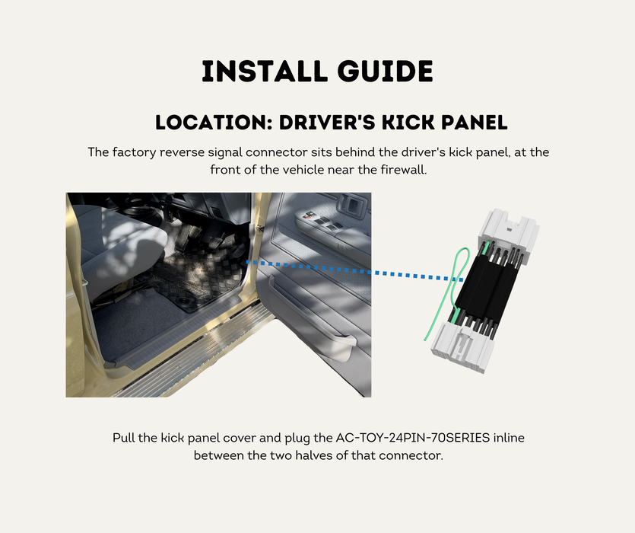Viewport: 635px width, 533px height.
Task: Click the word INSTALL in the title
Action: [x=265, y=72]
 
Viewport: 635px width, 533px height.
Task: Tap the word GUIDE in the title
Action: [x=385, y=72]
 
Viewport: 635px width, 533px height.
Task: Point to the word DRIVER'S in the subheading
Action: [x=327, y=123]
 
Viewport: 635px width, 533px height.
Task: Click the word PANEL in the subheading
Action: [x=475, y=123]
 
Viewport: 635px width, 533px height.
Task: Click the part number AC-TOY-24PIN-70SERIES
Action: [x=413, y=438]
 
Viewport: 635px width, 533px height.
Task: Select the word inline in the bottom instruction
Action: [x=509, y=438]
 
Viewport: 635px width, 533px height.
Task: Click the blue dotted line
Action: [x=355, y=271]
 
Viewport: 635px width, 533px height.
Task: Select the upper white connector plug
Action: [x=508, y=233]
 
